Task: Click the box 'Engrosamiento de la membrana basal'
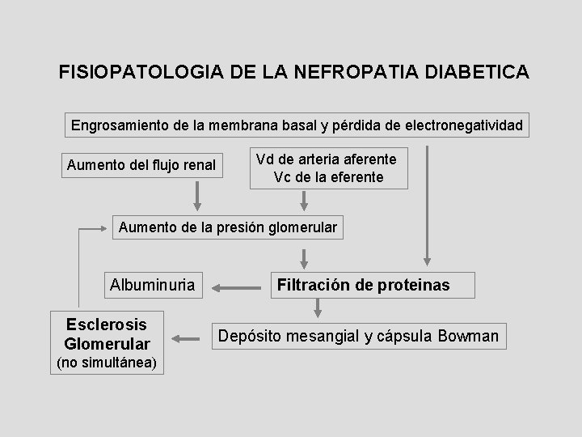297,126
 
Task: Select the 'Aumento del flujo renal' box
141,166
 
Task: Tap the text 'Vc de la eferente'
329,176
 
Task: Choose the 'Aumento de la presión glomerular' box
227,227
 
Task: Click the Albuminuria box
152,285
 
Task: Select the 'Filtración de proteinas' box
363,285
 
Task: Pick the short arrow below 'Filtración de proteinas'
316,308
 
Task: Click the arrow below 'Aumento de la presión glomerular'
305,257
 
